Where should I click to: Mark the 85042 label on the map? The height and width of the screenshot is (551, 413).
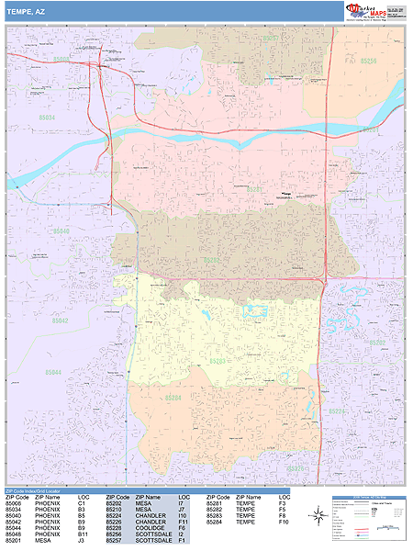[x=60, y=320]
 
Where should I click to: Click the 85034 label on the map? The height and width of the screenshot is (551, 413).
[x=47, y=117]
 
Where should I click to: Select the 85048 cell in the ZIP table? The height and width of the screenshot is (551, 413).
[x=14, y=534]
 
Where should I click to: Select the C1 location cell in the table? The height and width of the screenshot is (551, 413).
[x=82, y=503]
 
